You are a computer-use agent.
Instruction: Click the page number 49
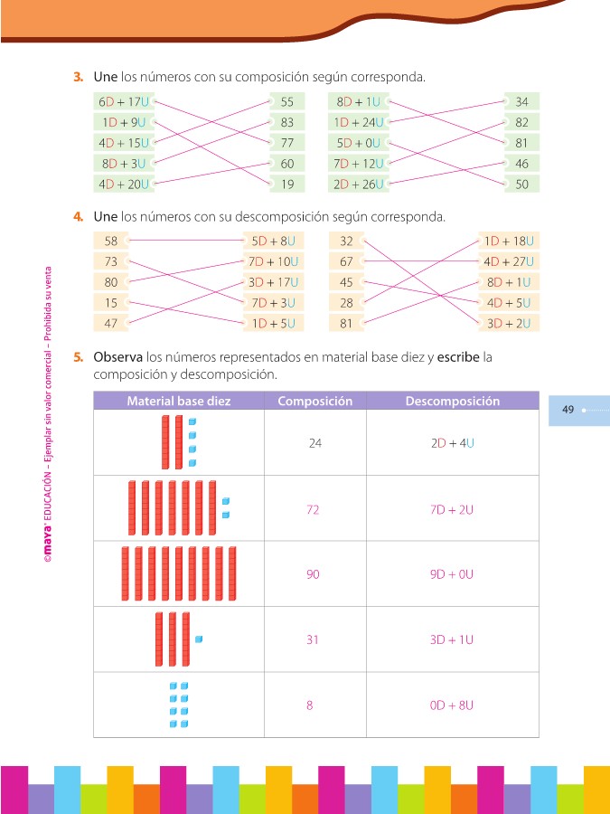click(x=568, y=410)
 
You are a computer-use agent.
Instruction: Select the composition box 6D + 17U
click(x=124, y=102)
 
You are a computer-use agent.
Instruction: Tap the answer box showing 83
click(x=287, y=122)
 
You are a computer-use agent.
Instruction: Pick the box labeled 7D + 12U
click(x=359, y=164)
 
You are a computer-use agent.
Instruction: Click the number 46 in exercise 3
click(x=522, y=164)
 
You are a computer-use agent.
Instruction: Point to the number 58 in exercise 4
click(x=111, y=241)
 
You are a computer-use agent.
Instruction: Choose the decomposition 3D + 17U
click(x=273, y=282)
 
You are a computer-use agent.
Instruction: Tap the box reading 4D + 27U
click(x=509, y=262)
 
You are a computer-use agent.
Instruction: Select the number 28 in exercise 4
click(x=346, y=303)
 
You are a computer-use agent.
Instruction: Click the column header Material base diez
click(x=178, y=402)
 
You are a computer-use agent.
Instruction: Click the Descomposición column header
click(x=452, y=402)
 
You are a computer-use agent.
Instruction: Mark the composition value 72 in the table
click(x=313, y=509)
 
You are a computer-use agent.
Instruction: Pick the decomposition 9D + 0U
click(x=452, y=574)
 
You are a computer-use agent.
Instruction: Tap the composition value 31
click(x=313, y=639)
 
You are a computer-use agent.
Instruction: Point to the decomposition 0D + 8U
click(x=452, y=705)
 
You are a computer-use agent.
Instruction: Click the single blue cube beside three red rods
click(x=199, y=639)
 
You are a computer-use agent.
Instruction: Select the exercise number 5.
click(x=79, y=357)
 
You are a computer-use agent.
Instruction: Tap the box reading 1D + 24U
click(x=359, y=122)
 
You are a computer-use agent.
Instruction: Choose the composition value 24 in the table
click(x=314, y=443)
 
